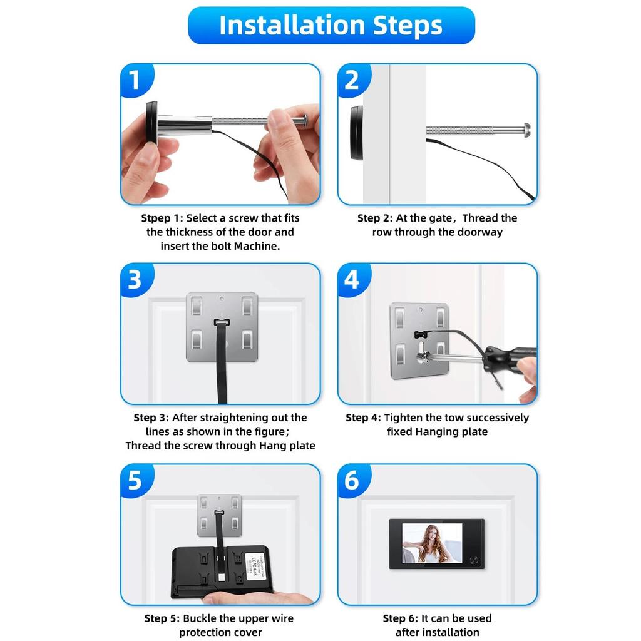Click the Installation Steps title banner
click(x=331, y=25)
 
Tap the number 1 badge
click(x=136, y=79)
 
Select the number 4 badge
click(x=353, y=279)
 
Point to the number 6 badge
click(x=353, y=479)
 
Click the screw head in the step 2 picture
click(x=526, y=130)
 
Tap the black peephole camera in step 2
click(x=356, y=133)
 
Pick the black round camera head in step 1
click(x=151, y=122)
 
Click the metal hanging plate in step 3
click(x=222, y=327)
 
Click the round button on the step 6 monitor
click(x=474, y=560)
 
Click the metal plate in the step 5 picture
click(x=220, y=515)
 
